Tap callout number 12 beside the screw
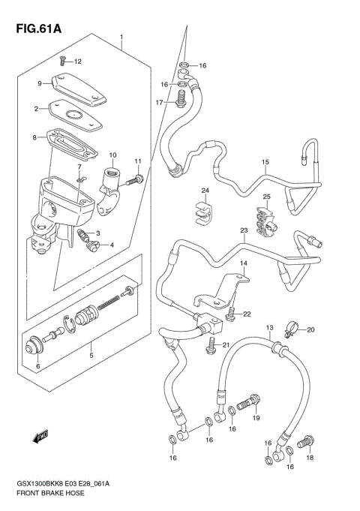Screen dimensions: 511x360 77,61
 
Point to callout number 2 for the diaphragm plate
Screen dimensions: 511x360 34,110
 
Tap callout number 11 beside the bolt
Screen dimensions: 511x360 138,161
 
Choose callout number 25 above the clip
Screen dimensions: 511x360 265,197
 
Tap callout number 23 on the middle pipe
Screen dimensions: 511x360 243,230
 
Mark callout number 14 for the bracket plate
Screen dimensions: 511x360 243,264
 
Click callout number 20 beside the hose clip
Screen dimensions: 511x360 310,329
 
